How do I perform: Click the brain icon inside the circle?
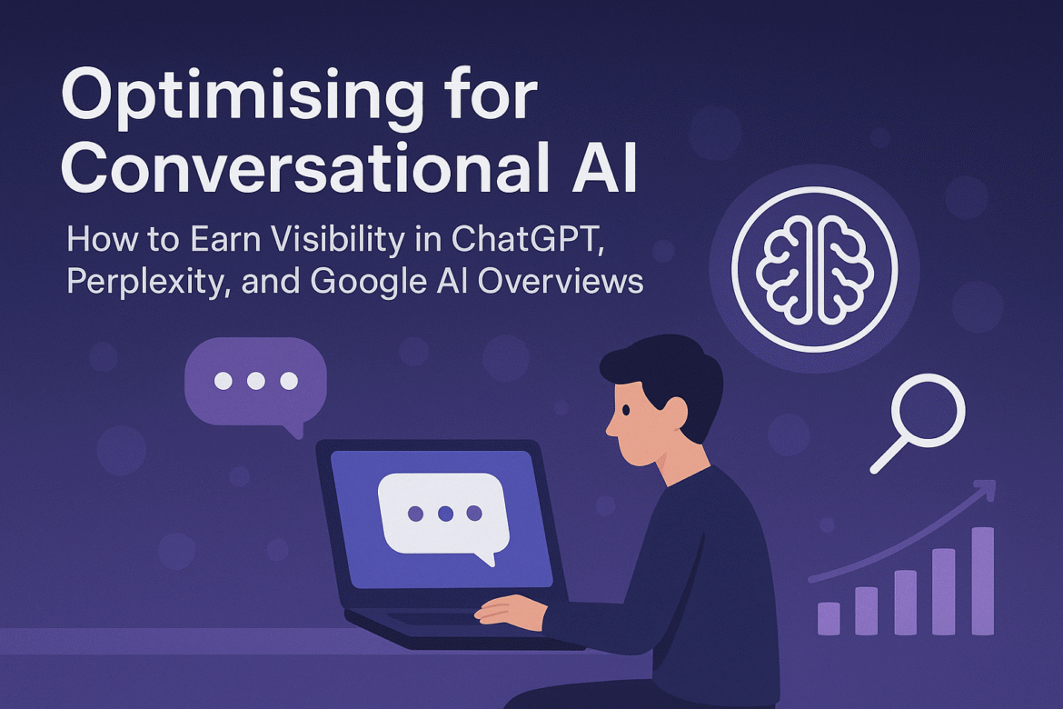click(814, 270)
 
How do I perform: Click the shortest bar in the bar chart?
click(829, 617)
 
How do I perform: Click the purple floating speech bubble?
click(255, 382)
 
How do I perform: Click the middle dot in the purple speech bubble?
click(256, 381)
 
